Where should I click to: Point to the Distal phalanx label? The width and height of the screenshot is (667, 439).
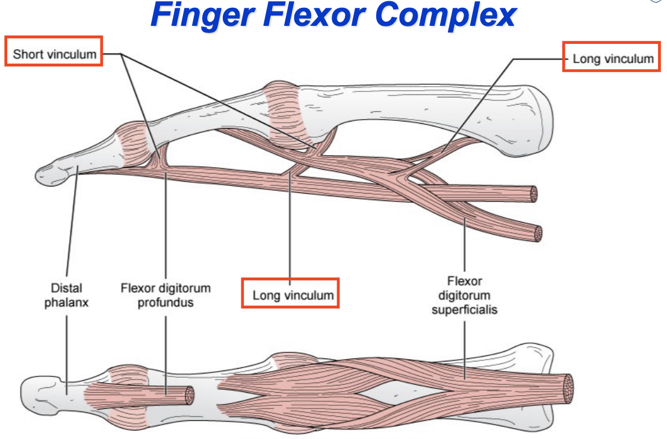pyautogui.click(x=66, y=295)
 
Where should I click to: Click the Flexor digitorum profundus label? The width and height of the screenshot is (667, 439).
pyautogui.click(x=166, y=295)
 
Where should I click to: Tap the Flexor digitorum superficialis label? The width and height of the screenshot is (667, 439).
pyautogui.click(x=464, y=296)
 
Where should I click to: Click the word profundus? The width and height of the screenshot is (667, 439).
pyautogui.click(x=166, y=302)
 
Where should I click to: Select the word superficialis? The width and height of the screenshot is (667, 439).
pyautogui.click(x=464, y=311)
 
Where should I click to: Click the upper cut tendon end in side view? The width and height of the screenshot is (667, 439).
pyautogui.click(x=532, y=194)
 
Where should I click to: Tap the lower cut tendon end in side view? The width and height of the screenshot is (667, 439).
pyautogui.click(x=537, y=233)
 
